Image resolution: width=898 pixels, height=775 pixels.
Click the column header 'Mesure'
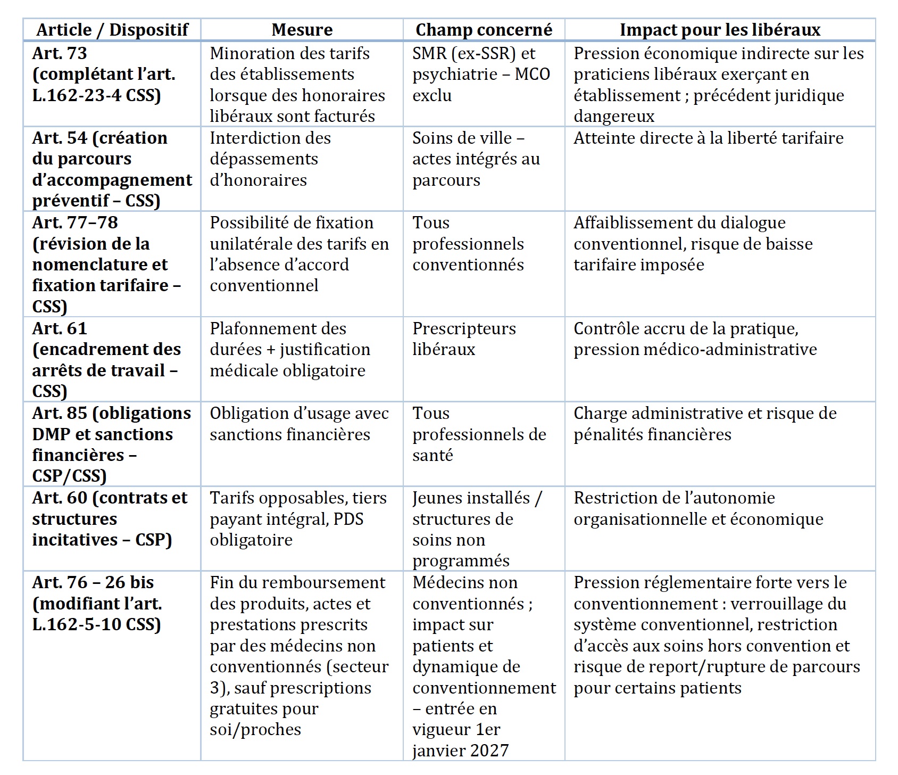click(302, 30)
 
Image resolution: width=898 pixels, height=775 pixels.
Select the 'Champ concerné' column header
click(484, 30)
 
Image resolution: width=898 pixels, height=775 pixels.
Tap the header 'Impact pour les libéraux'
click(720, 30)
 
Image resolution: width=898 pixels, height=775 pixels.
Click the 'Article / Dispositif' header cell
click(112, 30)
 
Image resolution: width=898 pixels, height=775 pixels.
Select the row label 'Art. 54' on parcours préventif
click(112, 169)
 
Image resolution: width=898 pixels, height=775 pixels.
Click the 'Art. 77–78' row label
click(106, 264)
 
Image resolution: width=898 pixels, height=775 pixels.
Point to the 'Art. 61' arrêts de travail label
click(106, 359)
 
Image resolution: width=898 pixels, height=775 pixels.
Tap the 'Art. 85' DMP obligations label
click(111, 444)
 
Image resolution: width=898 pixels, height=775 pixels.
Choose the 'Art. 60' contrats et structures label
click(110, 518)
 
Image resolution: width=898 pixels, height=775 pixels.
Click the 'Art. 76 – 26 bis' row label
click(97, 603)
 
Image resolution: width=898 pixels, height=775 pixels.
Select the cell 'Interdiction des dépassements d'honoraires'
click(270, 159)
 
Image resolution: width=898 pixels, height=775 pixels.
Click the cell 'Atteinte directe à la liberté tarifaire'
click(708, 138)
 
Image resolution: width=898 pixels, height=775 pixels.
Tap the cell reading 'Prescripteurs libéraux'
click(464, 339)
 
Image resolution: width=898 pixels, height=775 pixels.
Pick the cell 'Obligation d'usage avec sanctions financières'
click(299, 424)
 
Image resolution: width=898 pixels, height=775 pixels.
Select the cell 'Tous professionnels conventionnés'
click(468, 244)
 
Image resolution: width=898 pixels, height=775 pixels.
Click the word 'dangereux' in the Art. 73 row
click(614, 117)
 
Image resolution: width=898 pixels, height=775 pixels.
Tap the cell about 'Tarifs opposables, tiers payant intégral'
click(298, 518)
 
